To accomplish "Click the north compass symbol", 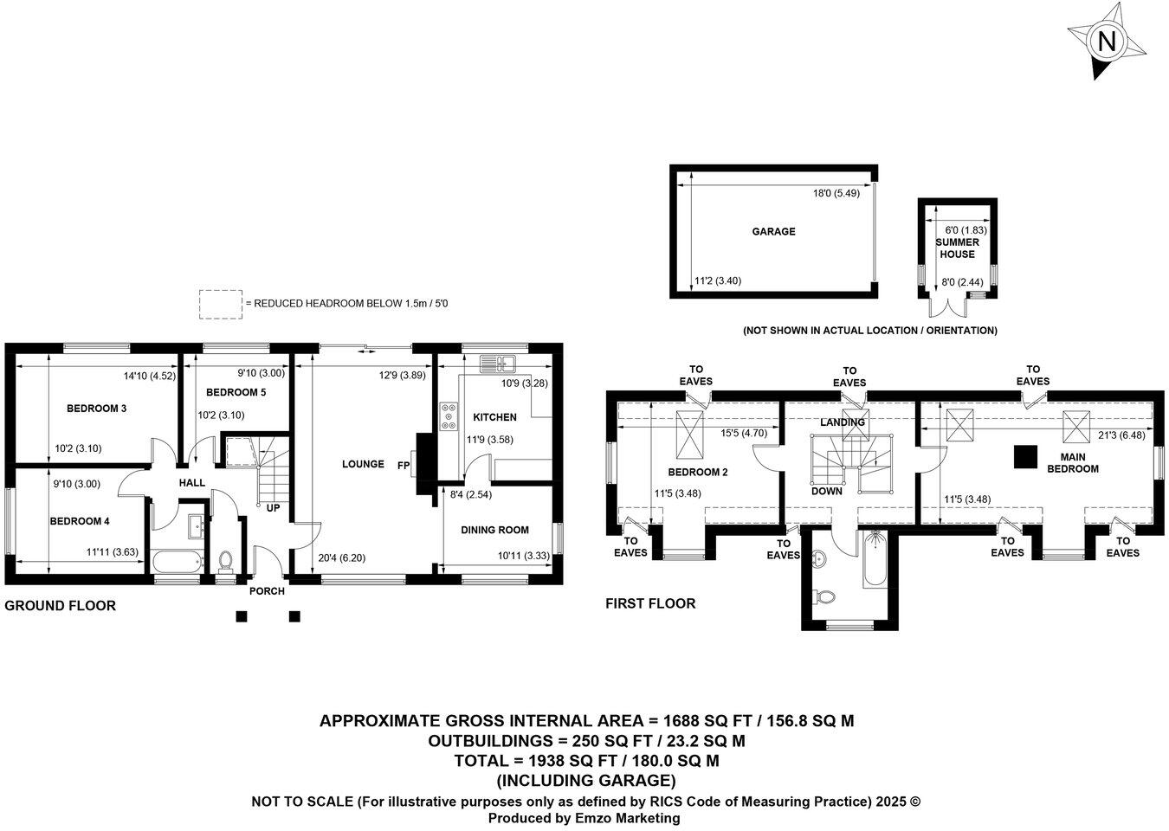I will pos(1106,42).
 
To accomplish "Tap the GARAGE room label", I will pos(773,232).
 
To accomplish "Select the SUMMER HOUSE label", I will pos(956,248).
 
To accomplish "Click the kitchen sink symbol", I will pos(498,364).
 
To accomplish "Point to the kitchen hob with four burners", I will pos(449,417).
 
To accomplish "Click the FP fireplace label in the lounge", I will pos(404,465).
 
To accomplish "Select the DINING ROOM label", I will pos(494,530).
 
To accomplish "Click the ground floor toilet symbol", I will pos(226,562).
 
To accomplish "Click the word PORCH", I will pos(267,591).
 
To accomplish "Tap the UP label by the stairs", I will pos(273,508).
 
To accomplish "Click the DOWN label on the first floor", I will pos(827,491).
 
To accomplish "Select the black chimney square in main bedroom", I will pos(1026,455).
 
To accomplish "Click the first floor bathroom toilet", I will pos(826,596).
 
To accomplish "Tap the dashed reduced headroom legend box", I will pos(220,304).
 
